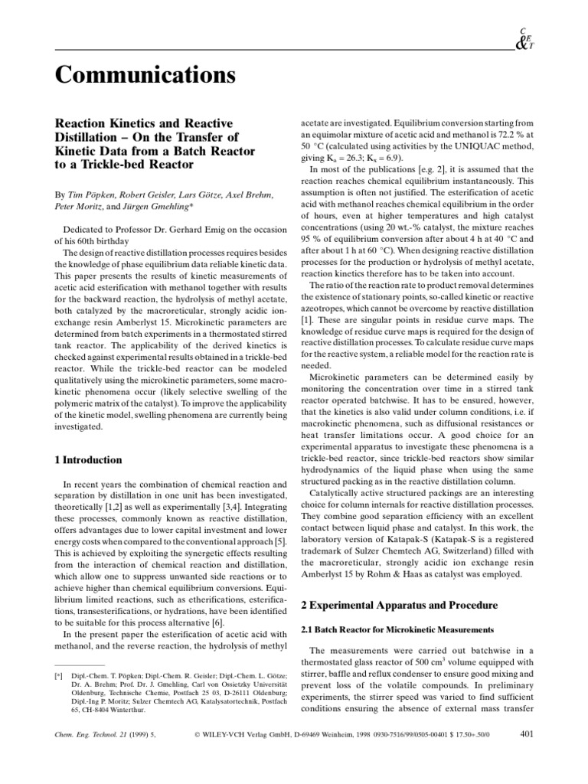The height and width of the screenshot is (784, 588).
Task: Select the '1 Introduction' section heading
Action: pos(87,460)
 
